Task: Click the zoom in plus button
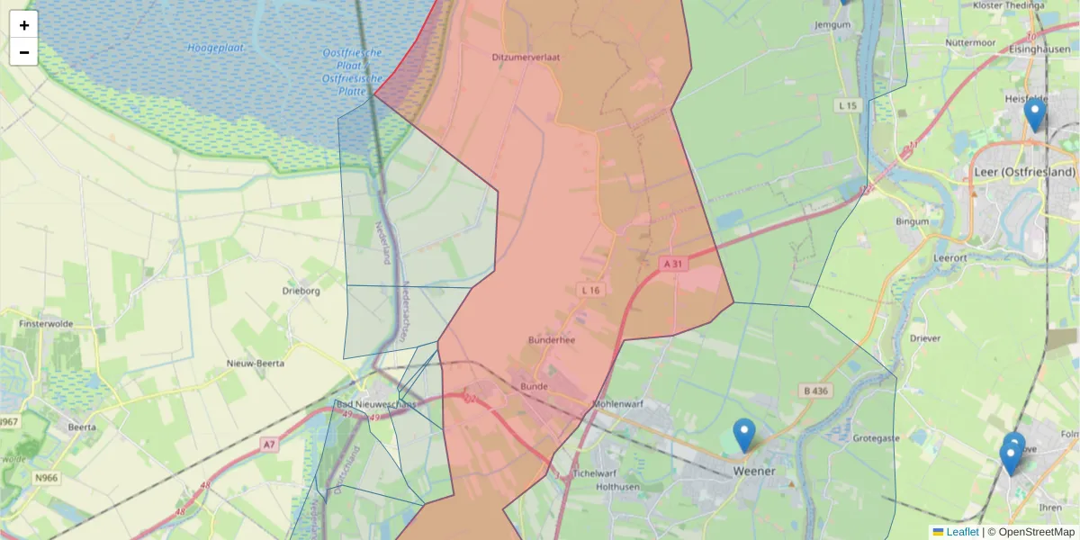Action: pyautogui.click(x=24, y=25)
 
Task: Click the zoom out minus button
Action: pyautogui.click(x=24, y=52)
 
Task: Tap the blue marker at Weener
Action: pyautogui.click(x=743, y=436)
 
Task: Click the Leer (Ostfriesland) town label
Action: pyautogui.click(x=1025, y=172)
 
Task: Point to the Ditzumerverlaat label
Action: pyautogui.click(x=526, y=57)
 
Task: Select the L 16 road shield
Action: pyautogui.click(x=590, y=290)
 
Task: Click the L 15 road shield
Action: pyautogui.click(x=848, y=106)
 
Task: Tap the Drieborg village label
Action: pyautogui.click(x=301, y=292)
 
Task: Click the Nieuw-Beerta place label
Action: pyautogui.click(x=255, y=364)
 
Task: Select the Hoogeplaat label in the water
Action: pyautogui.click(x=211, y=48)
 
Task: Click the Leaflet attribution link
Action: pyautogui.click(x=962, y=532)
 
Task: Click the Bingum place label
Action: pyautogui.click(x=912, y=220)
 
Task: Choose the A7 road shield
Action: pyautogui.click(x=269, y=444)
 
